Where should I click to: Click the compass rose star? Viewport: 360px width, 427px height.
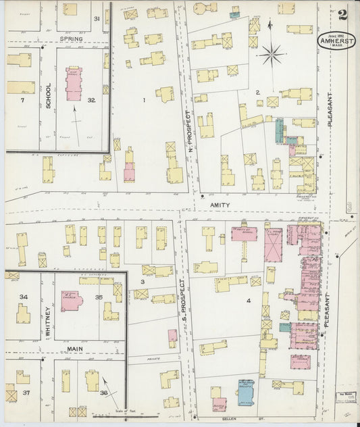coord(272,53)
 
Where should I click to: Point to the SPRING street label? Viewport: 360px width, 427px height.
coord(71,39)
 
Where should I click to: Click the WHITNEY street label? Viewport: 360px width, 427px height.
coord(48,320)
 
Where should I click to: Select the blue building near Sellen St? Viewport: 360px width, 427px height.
coord(245,388)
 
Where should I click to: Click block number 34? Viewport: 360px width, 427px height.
coord(24,297)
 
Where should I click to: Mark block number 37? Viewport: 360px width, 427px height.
coord(26,392)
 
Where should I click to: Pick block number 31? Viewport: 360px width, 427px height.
coord(97,18)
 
